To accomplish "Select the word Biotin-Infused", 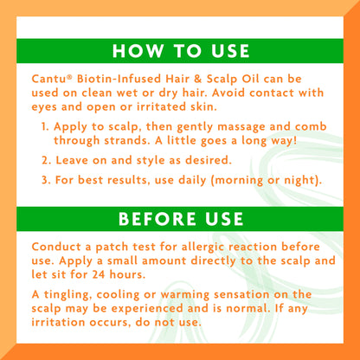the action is click(119, 79).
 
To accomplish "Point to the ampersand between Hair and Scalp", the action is click(198, 79).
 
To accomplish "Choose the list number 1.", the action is click(45, 126).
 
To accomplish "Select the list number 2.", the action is click(46, 160).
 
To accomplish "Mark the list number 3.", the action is click(46, 180).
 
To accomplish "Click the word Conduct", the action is click(56, 247).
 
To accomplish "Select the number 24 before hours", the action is click(99, 274).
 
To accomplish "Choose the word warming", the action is click(185, 295).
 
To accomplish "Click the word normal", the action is click(247, 308).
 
